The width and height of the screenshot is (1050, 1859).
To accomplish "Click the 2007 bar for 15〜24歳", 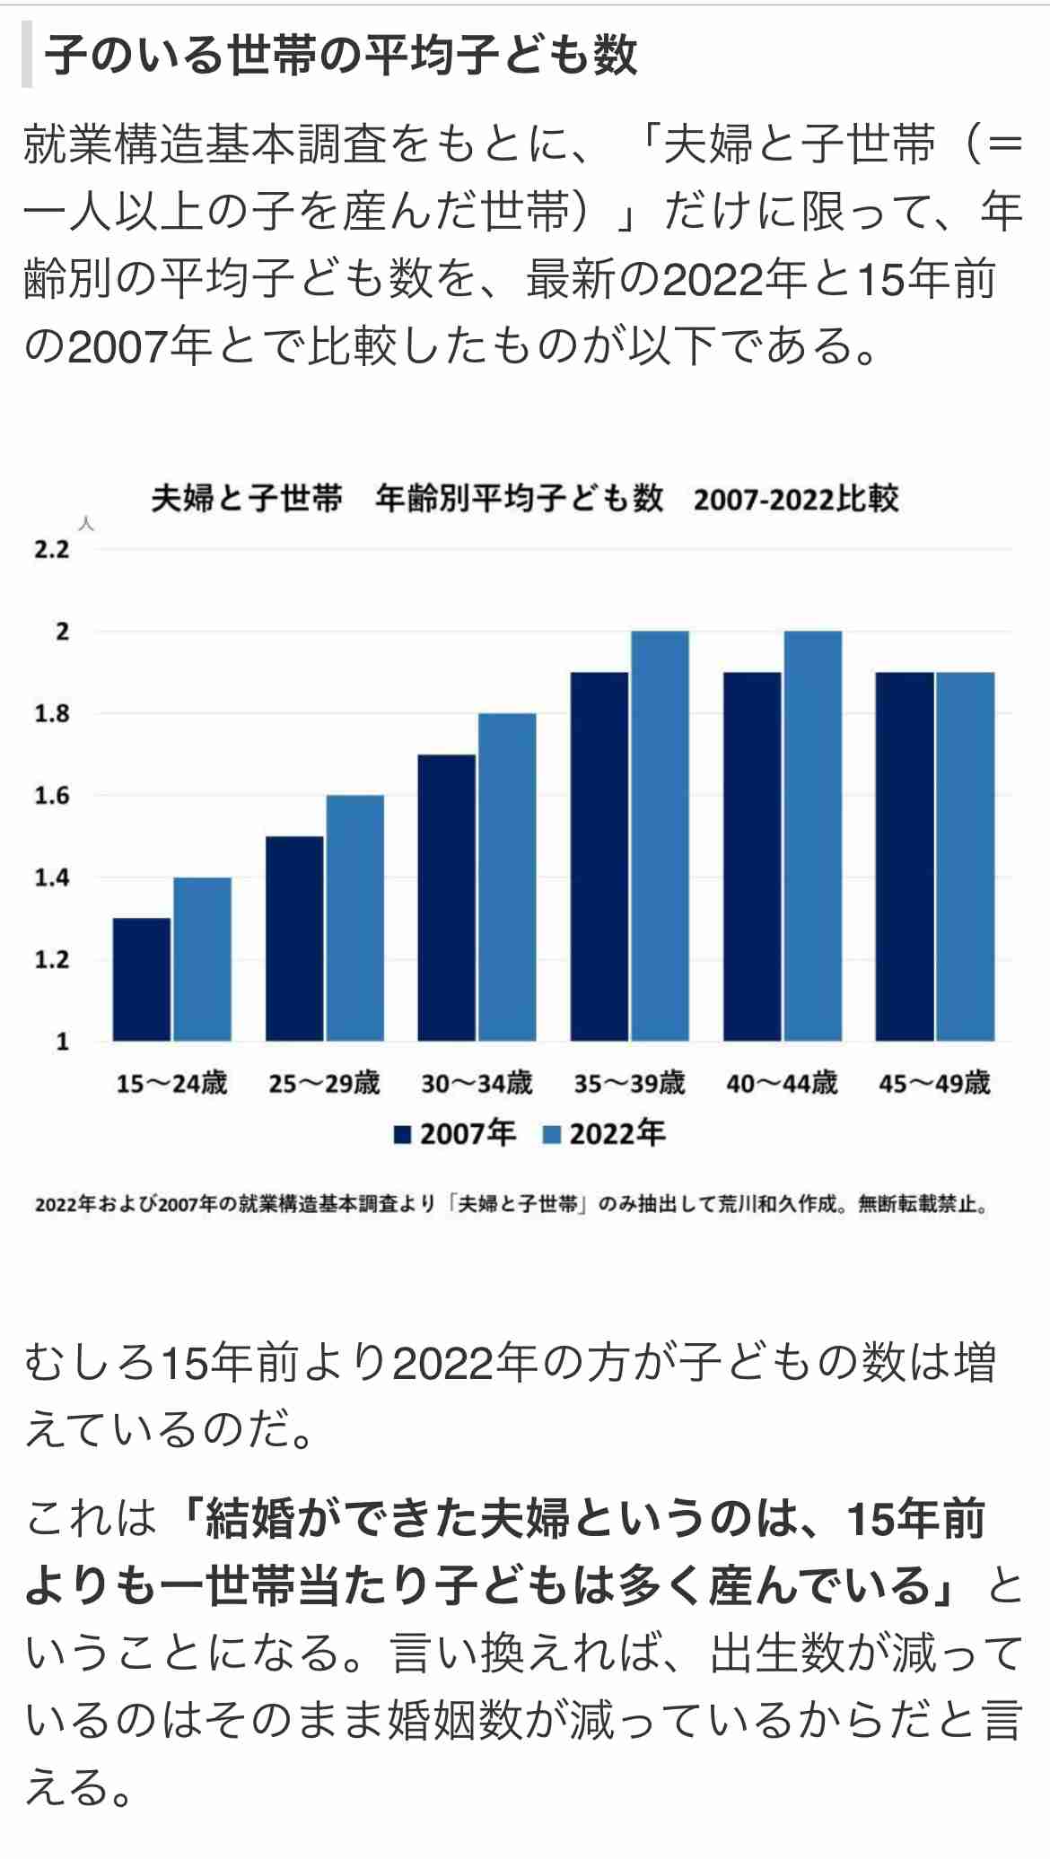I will [141, 979].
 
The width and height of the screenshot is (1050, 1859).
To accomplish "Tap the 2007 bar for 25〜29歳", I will [294, 938].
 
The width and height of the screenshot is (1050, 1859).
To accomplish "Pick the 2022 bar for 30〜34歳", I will [507, 877].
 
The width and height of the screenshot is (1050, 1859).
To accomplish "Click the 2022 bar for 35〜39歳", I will [660, 835].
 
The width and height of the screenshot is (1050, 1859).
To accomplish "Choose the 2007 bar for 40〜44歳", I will [752, 856].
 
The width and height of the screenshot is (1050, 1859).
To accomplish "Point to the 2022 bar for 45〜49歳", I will [965, 856].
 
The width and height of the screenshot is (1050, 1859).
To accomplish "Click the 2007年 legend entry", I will [456, 1134].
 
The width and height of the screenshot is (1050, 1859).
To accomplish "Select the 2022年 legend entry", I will [605, 1134].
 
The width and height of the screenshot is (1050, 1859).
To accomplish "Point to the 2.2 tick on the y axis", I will [52, 549].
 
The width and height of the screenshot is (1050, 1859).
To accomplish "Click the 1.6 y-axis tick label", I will [52, 796].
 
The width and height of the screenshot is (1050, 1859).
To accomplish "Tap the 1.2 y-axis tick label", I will [52, 960].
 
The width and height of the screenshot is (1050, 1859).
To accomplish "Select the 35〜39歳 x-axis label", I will [629, 1083].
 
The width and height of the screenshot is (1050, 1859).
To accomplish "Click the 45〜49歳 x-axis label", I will [934, 1083].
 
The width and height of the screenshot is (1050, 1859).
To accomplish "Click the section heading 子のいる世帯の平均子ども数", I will [341, 56].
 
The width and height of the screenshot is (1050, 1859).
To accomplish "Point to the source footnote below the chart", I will [512, 1204].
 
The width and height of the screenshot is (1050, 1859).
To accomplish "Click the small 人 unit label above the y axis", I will [86, 524].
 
